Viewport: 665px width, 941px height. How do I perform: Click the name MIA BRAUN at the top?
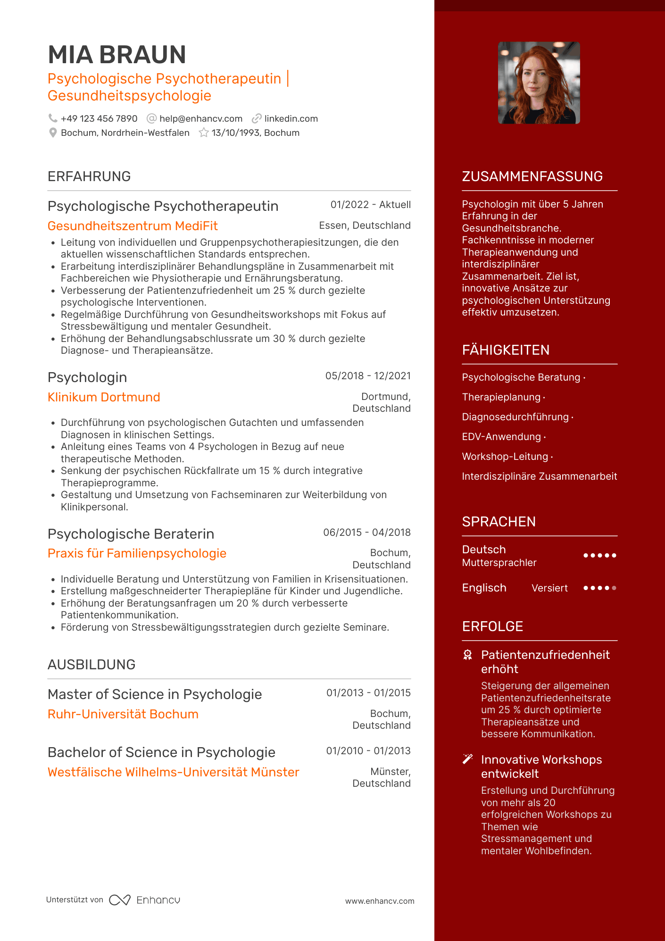click(x=117, y=55)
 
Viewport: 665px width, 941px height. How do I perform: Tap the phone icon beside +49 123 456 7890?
click(x=53, y=118)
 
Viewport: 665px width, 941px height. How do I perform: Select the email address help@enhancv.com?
click(x=200, y=119)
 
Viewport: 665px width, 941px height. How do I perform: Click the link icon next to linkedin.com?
click(x=257, y=118)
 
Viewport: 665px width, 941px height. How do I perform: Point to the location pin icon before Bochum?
click(x=53, y=133)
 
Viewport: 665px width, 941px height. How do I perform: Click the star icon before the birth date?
click(x=204, y=133)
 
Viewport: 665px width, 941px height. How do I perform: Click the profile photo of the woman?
click(x=539, y=83)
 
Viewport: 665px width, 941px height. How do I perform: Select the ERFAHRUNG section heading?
click(x=89, y=176)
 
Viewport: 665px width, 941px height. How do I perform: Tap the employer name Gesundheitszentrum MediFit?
click(x=133, y=226)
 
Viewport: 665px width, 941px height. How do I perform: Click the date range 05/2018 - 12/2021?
click(x=368, y=376)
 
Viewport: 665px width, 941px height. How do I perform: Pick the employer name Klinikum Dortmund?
click(x=104, y=397)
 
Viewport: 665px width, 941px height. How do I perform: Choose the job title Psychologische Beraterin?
click(x=131, y=534)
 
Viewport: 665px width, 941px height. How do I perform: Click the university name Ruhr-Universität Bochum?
click(x=123, y=714)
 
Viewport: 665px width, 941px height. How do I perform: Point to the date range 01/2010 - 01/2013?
click(x=368, y=751)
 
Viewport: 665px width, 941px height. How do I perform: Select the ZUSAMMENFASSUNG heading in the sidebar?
click(x=532, y=176)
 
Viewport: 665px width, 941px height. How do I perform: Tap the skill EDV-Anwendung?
click(x=501, y=437)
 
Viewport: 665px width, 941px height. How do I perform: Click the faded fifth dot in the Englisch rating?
click(x=614, y=588)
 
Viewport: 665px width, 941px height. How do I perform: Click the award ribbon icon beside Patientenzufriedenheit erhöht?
click(x=467, y=655)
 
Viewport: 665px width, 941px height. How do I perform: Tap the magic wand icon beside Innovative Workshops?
click(x=467, y=759)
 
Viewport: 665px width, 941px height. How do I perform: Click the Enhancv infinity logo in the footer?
click(x=120, y=900)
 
